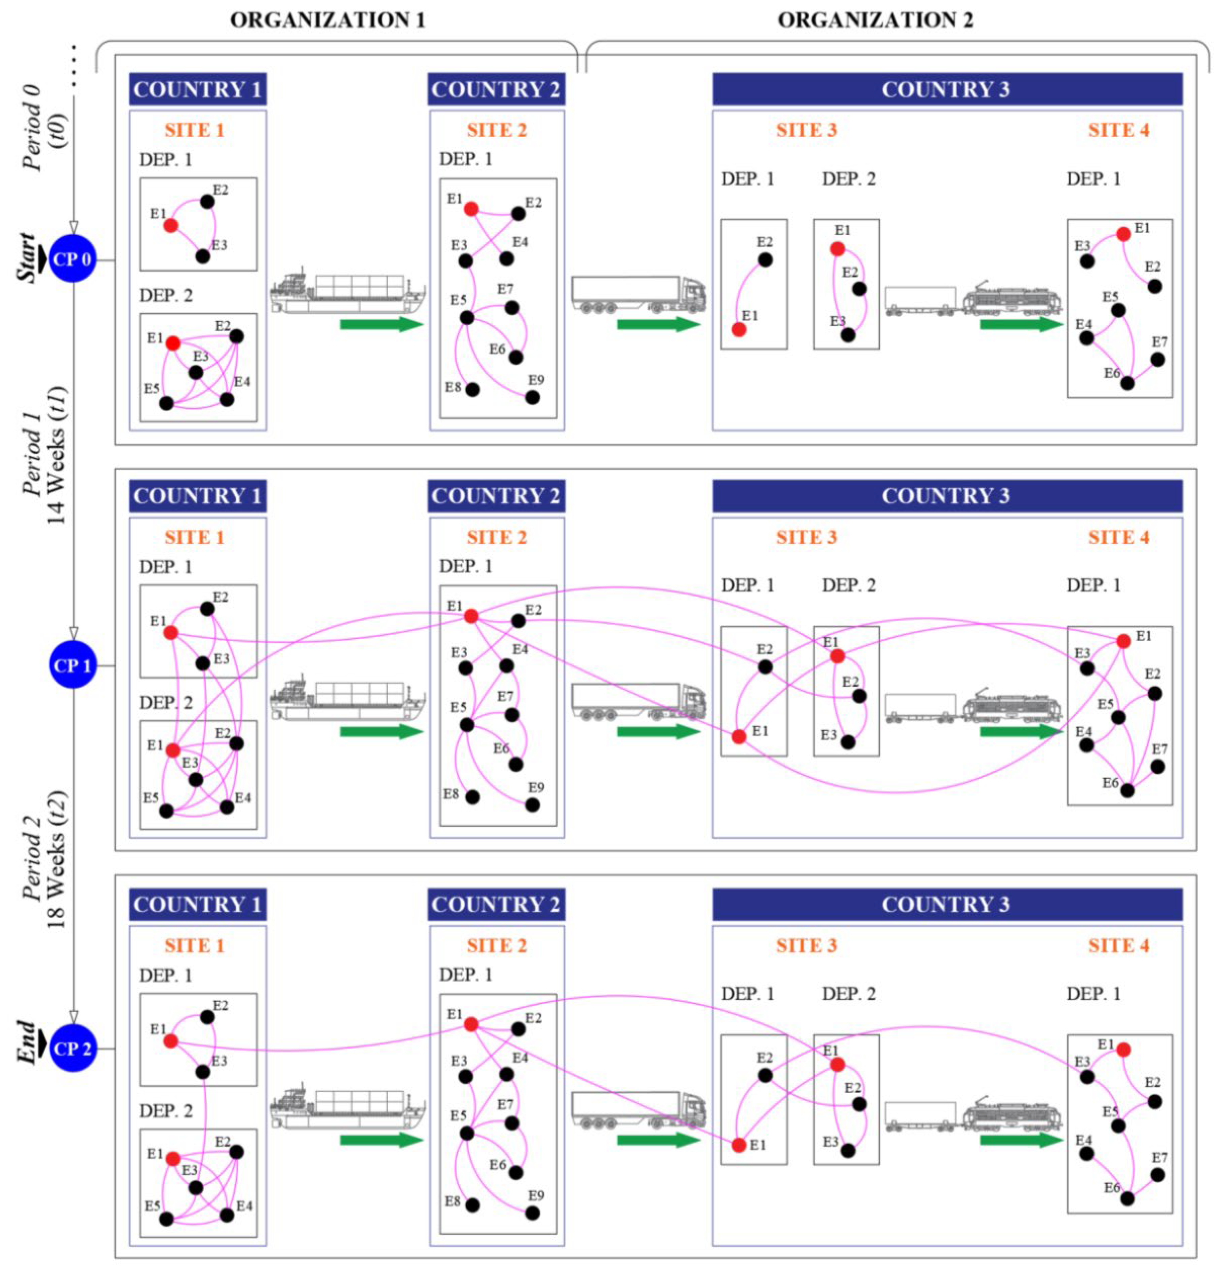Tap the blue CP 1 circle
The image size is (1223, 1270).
[x=73, y=666]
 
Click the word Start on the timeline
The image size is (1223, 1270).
[x=26, y=258]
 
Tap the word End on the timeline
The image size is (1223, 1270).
[x=26, y=1043]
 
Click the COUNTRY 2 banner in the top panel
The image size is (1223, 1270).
[x=496, y=89]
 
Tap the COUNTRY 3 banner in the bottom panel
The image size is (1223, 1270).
[x=946, y=905]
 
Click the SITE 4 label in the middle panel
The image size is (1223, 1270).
[x=1119, y=537]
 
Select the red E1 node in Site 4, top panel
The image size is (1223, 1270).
[x=1123, y=234]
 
